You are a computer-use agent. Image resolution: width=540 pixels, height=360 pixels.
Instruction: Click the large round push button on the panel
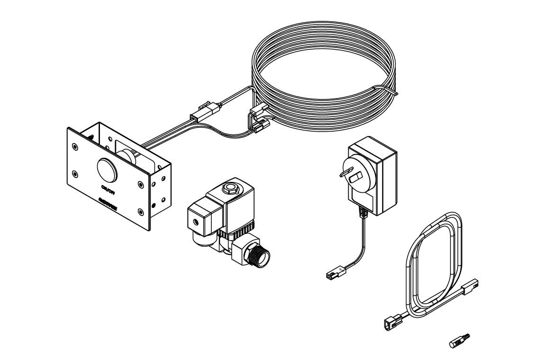point(107,170)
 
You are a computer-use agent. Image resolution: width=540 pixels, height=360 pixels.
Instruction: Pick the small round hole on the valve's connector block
point(194,221)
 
